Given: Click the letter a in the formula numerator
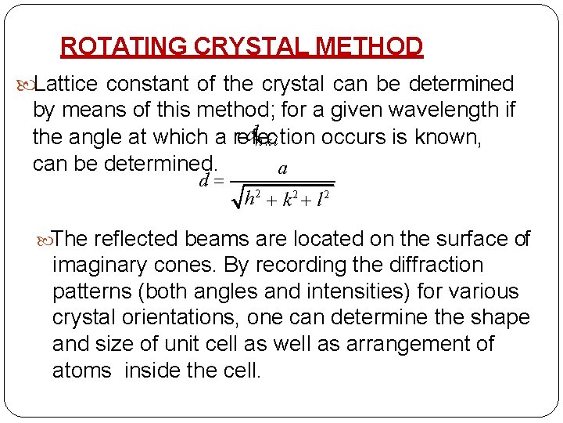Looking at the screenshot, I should click(282, 168).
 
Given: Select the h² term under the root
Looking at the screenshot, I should click(253, 198).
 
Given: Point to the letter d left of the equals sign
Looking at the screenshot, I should click(204, 181).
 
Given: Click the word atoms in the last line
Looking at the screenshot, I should click(82, 370).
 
